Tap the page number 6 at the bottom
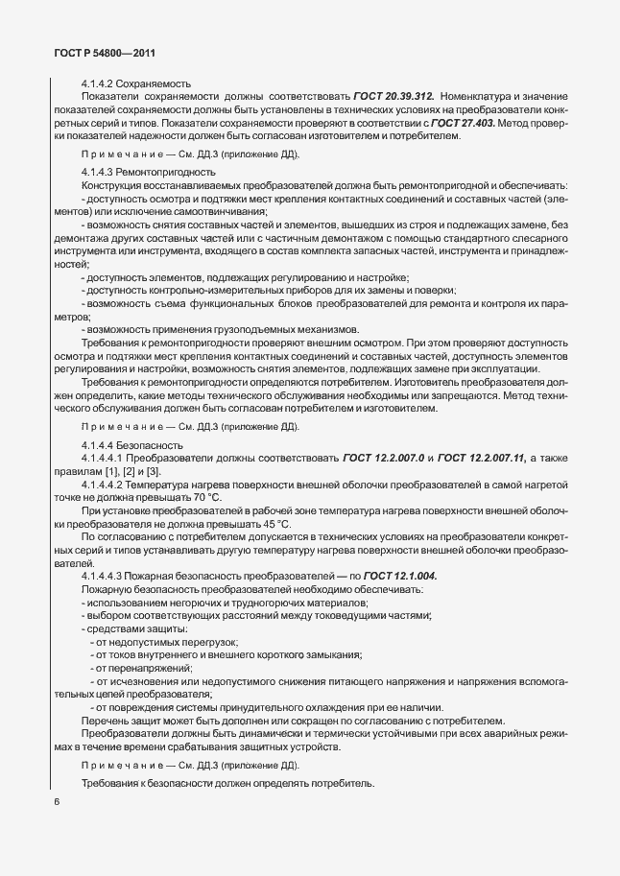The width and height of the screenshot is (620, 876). tap(57, 801)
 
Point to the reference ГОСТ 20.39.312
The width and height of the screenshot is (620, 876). tap(393, 97)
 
